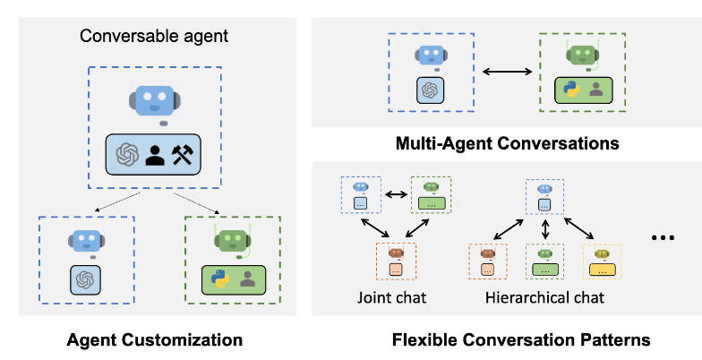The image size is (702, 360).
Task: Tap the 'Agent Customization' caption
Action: tap(155, 340)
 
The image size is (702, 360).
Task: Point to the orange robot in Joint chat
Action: tap(396, 254)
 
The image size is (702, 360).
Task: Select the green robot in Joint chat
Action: tap(431, 187)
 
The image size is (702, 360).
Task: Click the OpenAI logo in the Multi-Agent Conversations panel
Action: tap(431, 90)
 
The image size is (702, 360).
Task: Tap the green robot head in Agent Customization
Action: tap(233, 240)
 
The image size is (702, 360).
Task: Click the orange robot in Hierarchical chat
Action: tap(488, 253)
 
